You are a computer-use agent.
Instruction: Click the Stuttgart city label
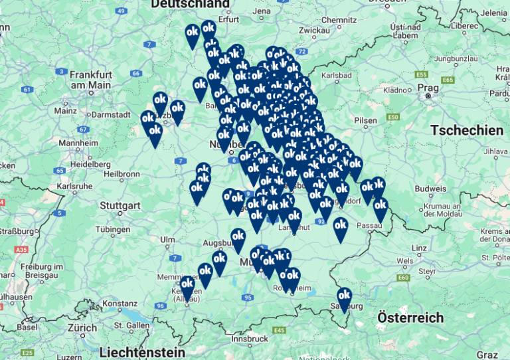pyautogui.click(x=120, y=205)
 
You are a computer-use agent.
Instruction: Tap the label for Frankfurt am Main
pyautogui.click(x=90, y=80)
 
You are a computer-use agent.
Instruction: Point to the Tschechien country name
pyautogui.click(x=467, y=131)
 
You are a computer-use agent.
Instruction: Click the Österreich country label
pyautogui.click(x=410, y=317)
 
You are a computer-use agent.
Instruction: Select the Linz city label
pyautogui.click(x=419, y=248)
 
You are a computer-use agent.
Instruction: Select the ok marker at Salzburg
pyautogui.click(x=344, y=297)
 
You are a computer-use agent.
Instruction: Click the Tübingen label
pyautogui.click(x=112, y=229)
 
